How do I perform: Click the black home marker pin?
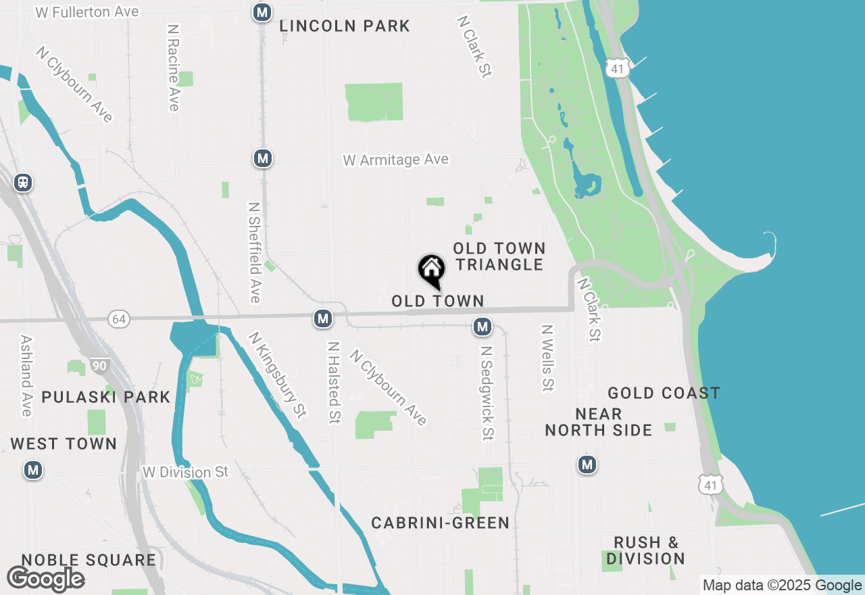pyautogui.click(x=431, y=270)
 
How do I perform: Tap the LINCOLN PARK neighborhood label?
pyautogui.click(x=345, y=26)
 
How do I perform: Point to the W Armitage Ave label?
pyautogui.click(x=395, y=160)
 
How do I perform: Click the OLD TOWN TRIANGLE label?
pyautogui.click(x=499, y=256)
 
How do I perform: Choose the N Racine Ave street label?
pyautogui.click(x=174, y=68)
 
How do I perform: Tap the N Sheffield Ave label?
pyautogui.click(x=254, y=252)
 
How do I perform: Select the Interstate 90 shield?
pyautogui.click(x=100, y=366)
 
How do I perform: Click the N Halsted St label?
pyautogui.click(x=333, y=382)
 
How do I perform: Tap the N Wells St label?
pyautogui.click(x=547, y=358)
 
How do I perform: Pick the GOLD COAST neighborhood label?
pyautogui.click(x=664, y=393)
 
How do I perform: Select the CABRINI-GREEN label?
pyautogui.click(x=440, y=523)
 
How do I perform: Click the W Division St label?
pyautogui.click(x=186, y=471)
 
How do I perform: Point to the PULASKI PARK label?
pyautogui.click(x=106, y=397)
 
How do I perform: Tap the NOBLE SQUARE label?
pyautogui.click(x=89, y=560)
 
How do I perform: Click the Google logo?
pyautogui.click(x=45, y=579)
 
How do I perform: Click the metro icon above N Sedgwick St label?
pyautogui.click(x=482, y=327)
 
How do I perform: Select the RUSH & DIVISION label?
pyautogui.click(x=646, y=550)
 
